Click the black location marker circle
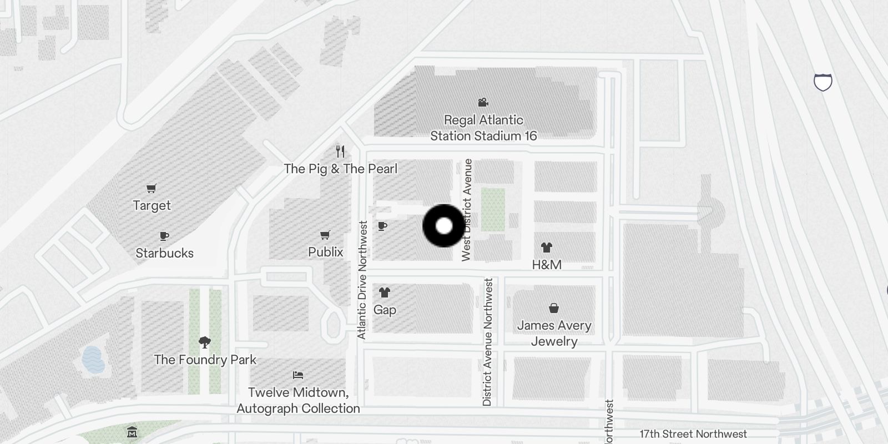point(444,226)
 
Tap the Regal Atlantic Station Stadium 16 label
point(483,128)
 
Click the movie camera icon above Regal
point(483,102)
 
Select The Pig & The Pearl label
point(340,169)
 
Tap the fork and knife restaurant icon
point(341,151)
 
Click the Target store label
point(152,205)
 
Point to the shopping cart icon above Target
point(151,189)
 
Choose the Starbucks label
point(164,253)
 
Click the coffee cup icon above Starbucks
point(164,236)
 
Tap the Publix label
point(325,252)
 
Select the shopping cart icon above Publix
point(325,235)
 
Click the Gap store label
point(385,310)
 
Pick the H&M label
point(547,265)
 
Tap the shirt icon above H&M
point(547,248)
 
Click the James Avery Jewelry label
point(554,333)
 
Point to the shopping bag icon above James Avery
point(553,308)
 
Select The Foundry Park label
point(205,360)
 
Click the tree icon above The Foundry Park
point(205,342)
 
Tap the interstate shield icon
point(823,82)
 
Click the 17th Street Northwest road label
point(693,434)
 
